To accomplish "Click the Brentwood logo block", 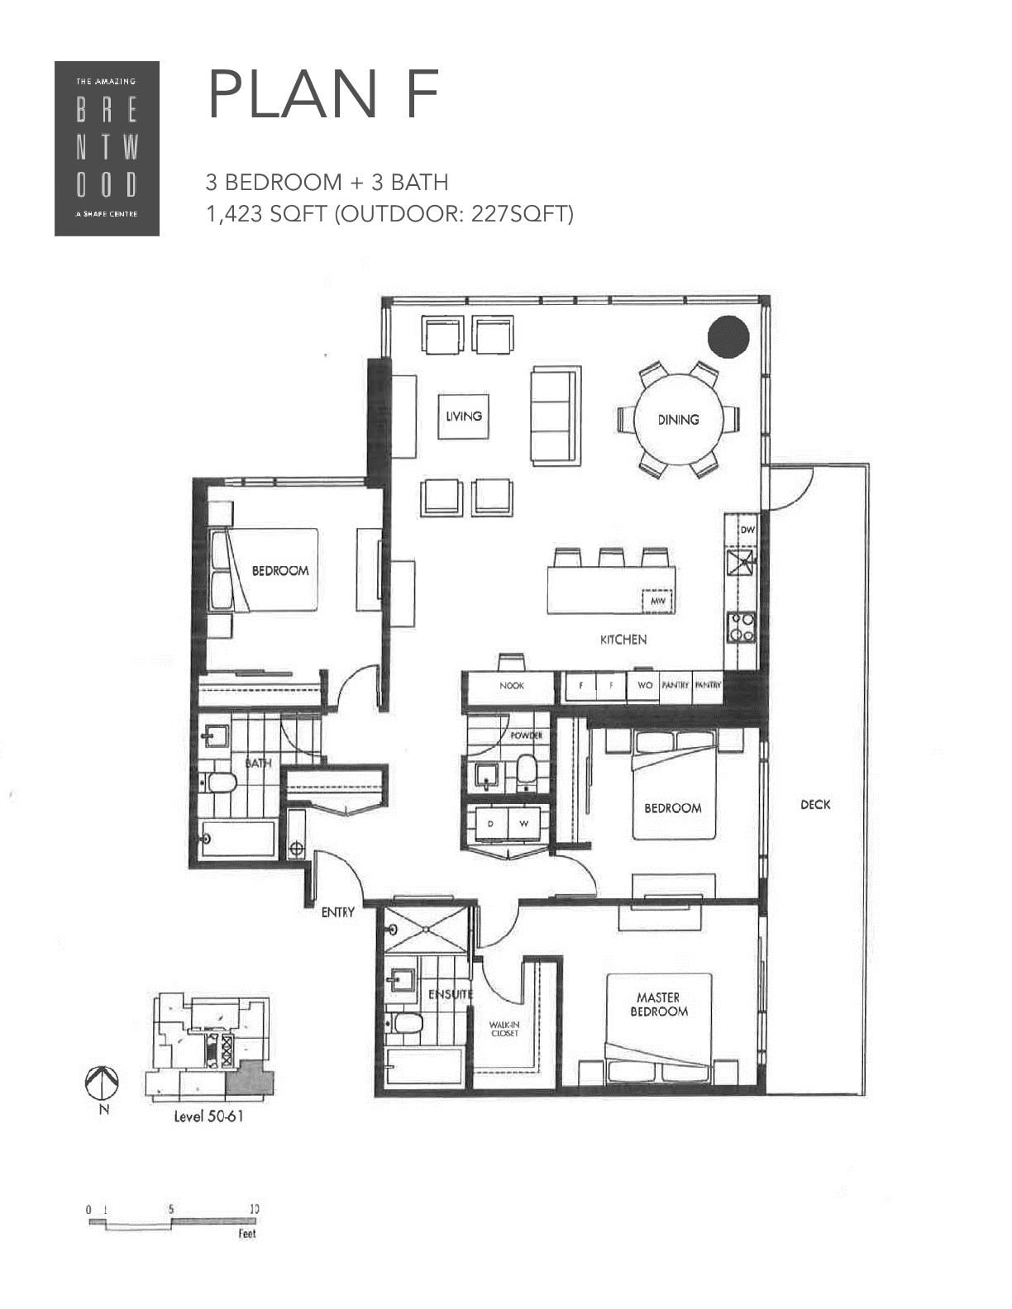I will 107,148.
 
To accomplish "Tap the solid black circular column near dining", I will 728,337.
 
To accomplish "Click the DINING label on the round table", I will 678,420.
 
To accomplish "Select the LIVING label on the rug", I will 463,416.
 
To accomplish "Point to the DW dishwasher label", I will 746,530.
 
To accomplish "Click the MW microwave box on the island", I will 657,601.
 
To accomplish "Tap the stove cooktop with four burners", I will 741,626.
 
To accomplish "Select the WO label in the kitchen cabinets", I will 644,685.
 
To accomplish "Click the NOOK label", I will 512,686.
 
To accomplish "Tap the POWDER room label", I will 527,735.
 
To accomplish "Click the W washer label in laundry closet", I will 523,823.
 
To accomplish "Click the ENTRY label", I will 337,912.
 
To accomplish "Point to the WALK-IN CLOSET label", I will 504,1029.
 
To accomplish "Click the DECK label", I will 815,804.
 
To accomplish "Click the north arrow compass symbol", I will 103,1082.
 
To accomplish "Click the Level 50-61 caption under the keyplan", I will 208,1116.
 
